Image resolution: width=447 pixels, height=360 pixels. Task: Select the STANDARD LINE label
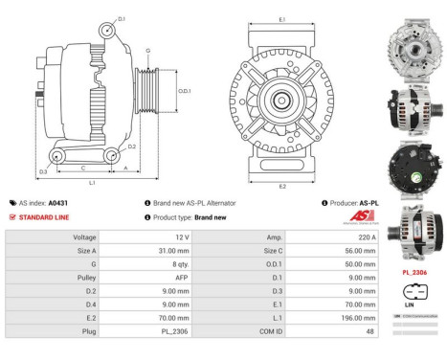[41, 217]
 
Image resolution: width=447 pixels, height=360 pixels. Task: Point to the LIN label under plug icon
[410, 305]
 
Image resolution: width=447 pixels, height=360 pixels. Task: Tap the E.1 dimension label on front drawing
[281, 18]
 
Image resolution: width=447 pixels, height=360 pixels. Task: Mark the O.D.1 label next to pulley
[186, 91]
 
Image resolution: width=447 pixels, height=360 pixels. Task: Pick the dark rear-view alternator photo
[411, 164]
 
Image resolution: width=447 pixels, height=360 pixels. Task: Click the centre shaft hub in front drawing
[280, 100]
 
